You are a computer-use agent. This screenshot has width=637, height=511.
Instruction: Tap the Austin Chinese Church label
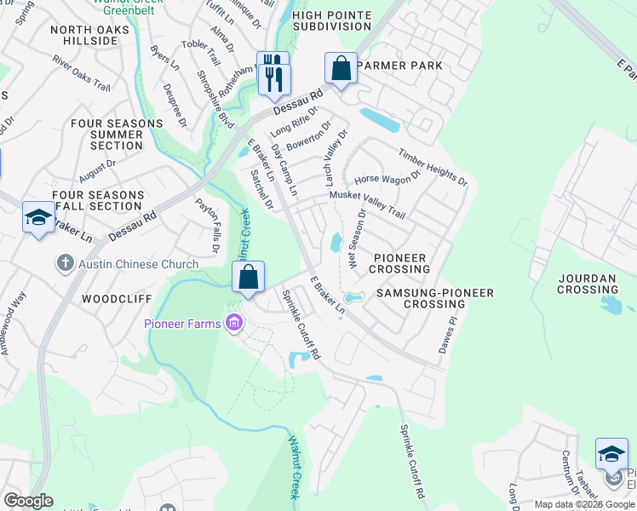(x=139, y=264)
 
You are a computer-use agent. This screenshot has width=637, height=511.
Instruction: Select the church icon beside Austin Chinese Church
(x=66, y=264)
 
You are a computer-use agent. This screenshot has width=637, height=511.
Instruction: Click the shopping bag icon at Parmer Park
(x=341, y=69)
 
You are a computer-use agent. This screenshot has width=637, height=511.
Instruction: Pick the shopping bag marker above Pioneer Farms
(x=248, y=278)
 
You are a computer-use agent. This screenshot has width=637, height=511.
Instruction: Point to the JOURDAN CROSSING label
(x=588, y=284)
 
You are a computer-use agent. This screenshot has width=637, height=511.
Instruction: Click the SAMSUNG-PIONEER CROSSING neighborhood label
(x=434, y=298)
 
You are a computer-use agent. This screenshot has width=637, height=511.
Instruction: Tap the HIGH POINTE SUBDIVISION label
(x=331, y=20)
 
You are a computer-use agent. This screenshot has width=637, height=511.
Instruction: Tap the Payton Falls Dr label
(x=207, y=225)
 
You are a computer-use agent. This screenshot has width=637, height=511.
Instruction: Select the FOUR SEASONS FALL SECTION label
(x=99, y=200)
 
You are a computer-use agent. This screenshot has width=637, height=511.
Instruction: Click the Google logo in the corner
(x=28, y=501)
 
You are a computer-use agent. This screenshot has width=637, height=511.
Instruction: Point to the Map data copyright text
(x=584, y=504)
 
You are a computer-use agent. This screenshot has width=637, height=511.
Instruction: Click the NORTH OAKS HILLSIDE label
(x=90, y=35)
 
